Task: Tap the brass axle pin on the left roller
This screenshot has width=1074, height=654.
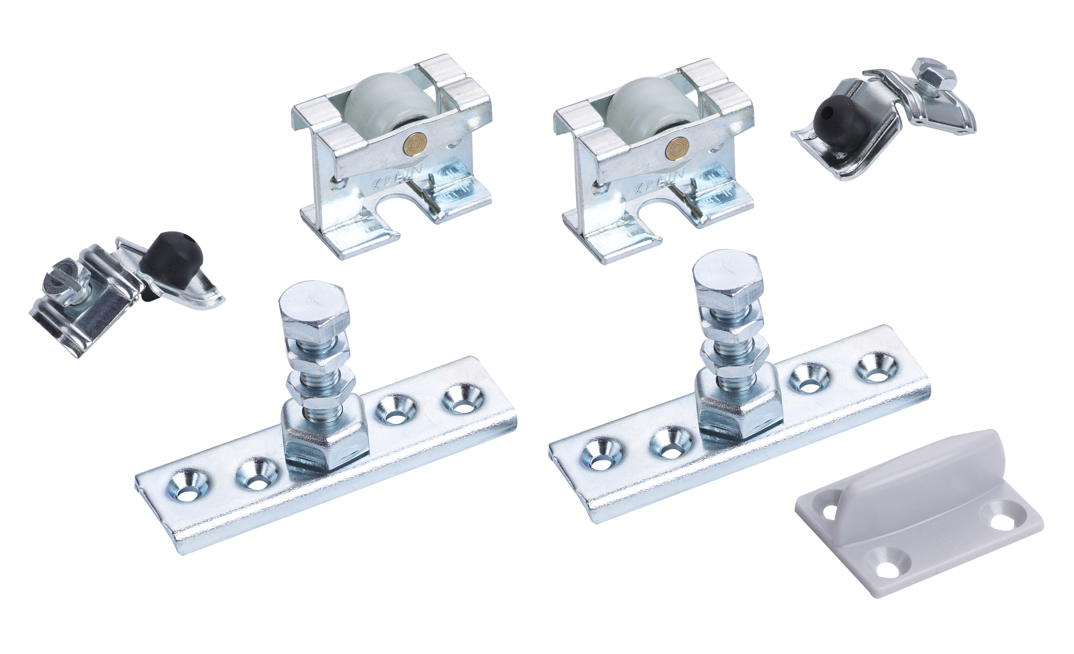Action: pyautogui.click(x=412, y=143)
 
